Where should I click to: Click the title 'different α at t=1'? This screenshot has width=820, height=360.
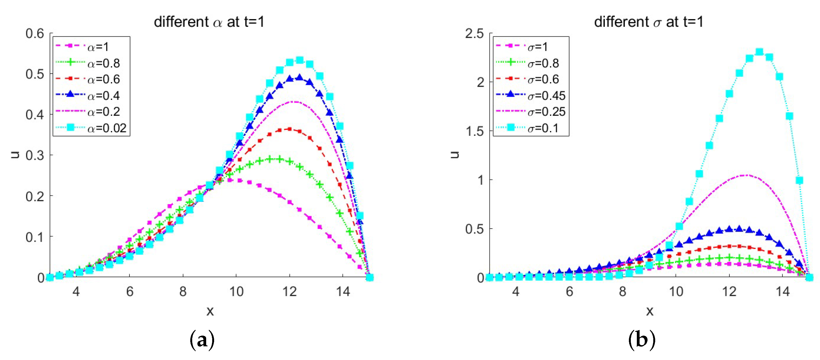tap(209, 22)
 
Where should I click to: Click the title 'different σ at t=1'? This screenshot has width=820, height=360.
tap(648, 22)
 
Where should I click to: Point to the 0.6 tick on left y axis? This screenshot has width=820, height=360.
tap(35, 33)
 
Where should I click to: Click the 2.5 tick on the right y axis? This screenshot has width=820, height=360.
tap(474, 33)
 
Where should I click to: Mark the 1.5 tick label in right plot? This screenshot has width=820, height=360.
tap(474, 131)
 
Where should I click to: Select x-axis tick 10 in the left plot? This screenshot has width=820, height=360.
tap(236, 292)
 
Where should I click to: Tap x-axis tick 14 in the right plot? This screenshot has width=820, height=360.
tap(782, 292)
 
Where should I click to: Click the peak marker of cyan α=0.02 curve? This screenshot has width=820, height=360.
tap(300, 60)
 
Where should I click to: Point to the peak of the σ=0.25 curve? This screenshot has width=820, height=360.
tap(746, 175)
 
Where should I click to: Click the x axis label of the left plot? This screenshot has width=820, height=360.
tap(210, 311)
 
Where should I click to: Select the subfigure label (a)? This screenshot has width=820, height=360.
tap(202, 340)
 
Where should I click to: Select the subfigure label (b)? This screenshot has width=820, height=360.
tap(641, 340)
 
